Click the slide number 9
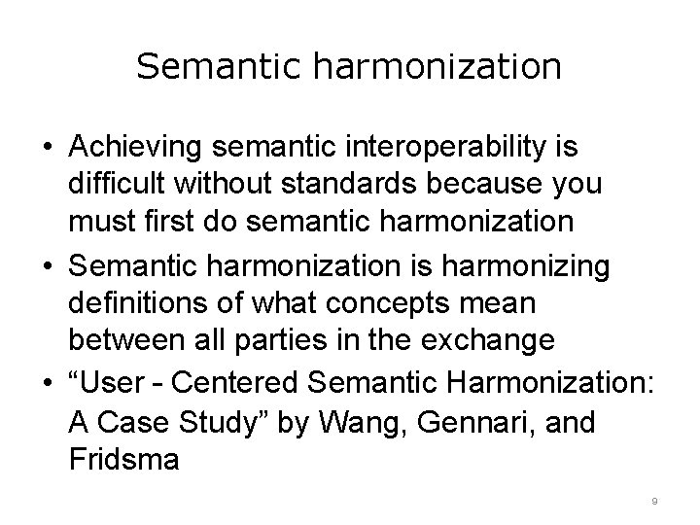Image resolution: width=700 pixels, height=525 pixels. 655,502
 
